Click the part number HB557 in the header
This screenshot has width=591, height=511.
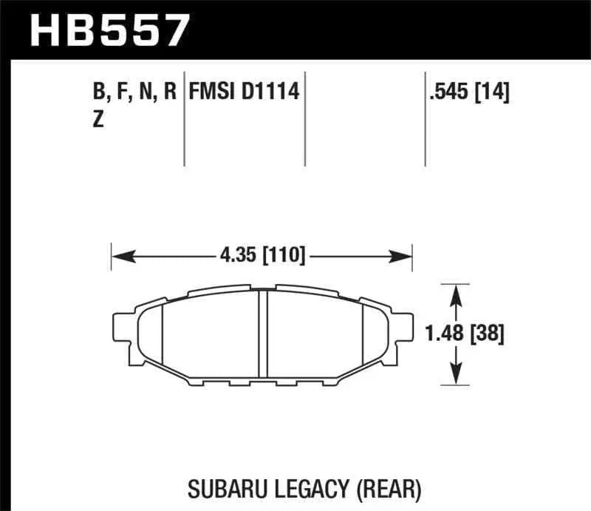click(109, 30)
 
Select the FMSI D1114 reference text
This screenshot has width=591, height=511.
click(245, 93)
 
